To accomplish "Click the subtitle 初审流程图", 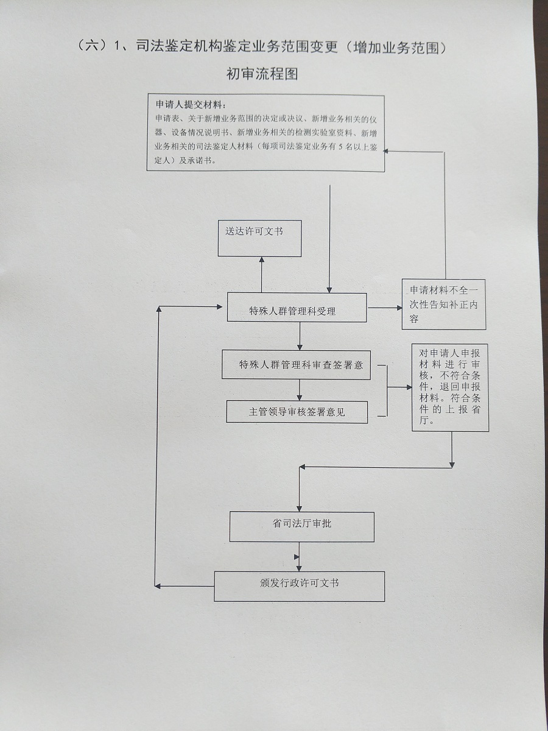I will tap(262, 74).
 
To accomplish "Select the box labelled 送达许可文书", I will tap(260, 238).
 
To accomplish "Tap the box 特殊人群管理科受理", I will tap(297, 308).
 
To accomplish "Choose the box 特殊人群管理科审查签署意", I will tap(296, 365).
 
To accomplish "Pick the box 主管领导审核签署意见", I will tap(297, 412).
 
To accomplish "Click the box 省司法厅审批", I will tap(301, 526).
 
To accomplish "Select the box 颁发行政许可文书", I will tap(299, 586).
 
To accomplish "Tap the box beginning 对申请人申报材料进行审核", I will tap(450, 387).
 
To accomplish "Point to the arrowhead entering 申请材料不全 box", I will tap(399, 308).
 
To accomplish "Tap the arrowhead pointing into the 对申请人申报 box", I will tap(409, 387).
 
